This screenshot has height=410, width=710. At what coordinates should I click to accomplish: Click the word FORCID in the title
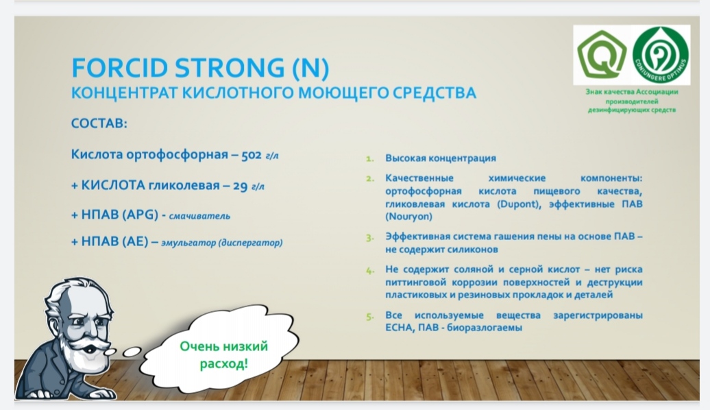120,68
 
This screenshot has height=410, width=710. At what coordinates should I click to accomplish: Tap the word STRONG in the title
230,68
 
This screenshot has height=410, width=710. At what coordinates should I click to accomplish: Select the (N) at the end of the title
310,69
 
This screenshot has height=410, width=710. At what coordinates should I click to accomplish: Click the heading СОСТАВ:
99,123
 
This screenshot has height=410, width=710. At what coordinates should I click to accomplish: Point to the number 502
252,156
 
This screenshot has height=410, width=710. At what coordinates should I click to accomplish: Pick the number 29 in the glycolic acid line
240,186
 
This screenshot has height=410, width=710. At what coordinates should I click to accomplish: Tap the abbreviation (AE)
134,241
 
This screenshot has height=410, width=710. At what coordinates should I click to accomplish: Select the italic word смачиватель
199,216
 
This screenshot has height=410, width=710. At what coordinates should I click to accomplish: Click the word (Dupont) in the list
519,204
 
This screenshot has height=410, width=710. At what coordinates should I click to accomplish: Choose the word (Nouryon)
409,217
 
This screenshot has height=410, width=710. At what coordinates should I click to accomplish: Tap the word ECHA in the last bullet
398,328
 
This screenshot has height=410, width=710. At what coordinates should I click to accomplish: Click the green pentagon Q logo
601,54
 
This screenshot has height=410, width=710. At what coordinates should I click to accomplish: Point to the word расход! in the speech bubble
223,364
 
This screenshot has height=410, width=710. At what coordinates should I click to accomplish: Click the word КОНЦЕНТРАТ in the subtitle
124,93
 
